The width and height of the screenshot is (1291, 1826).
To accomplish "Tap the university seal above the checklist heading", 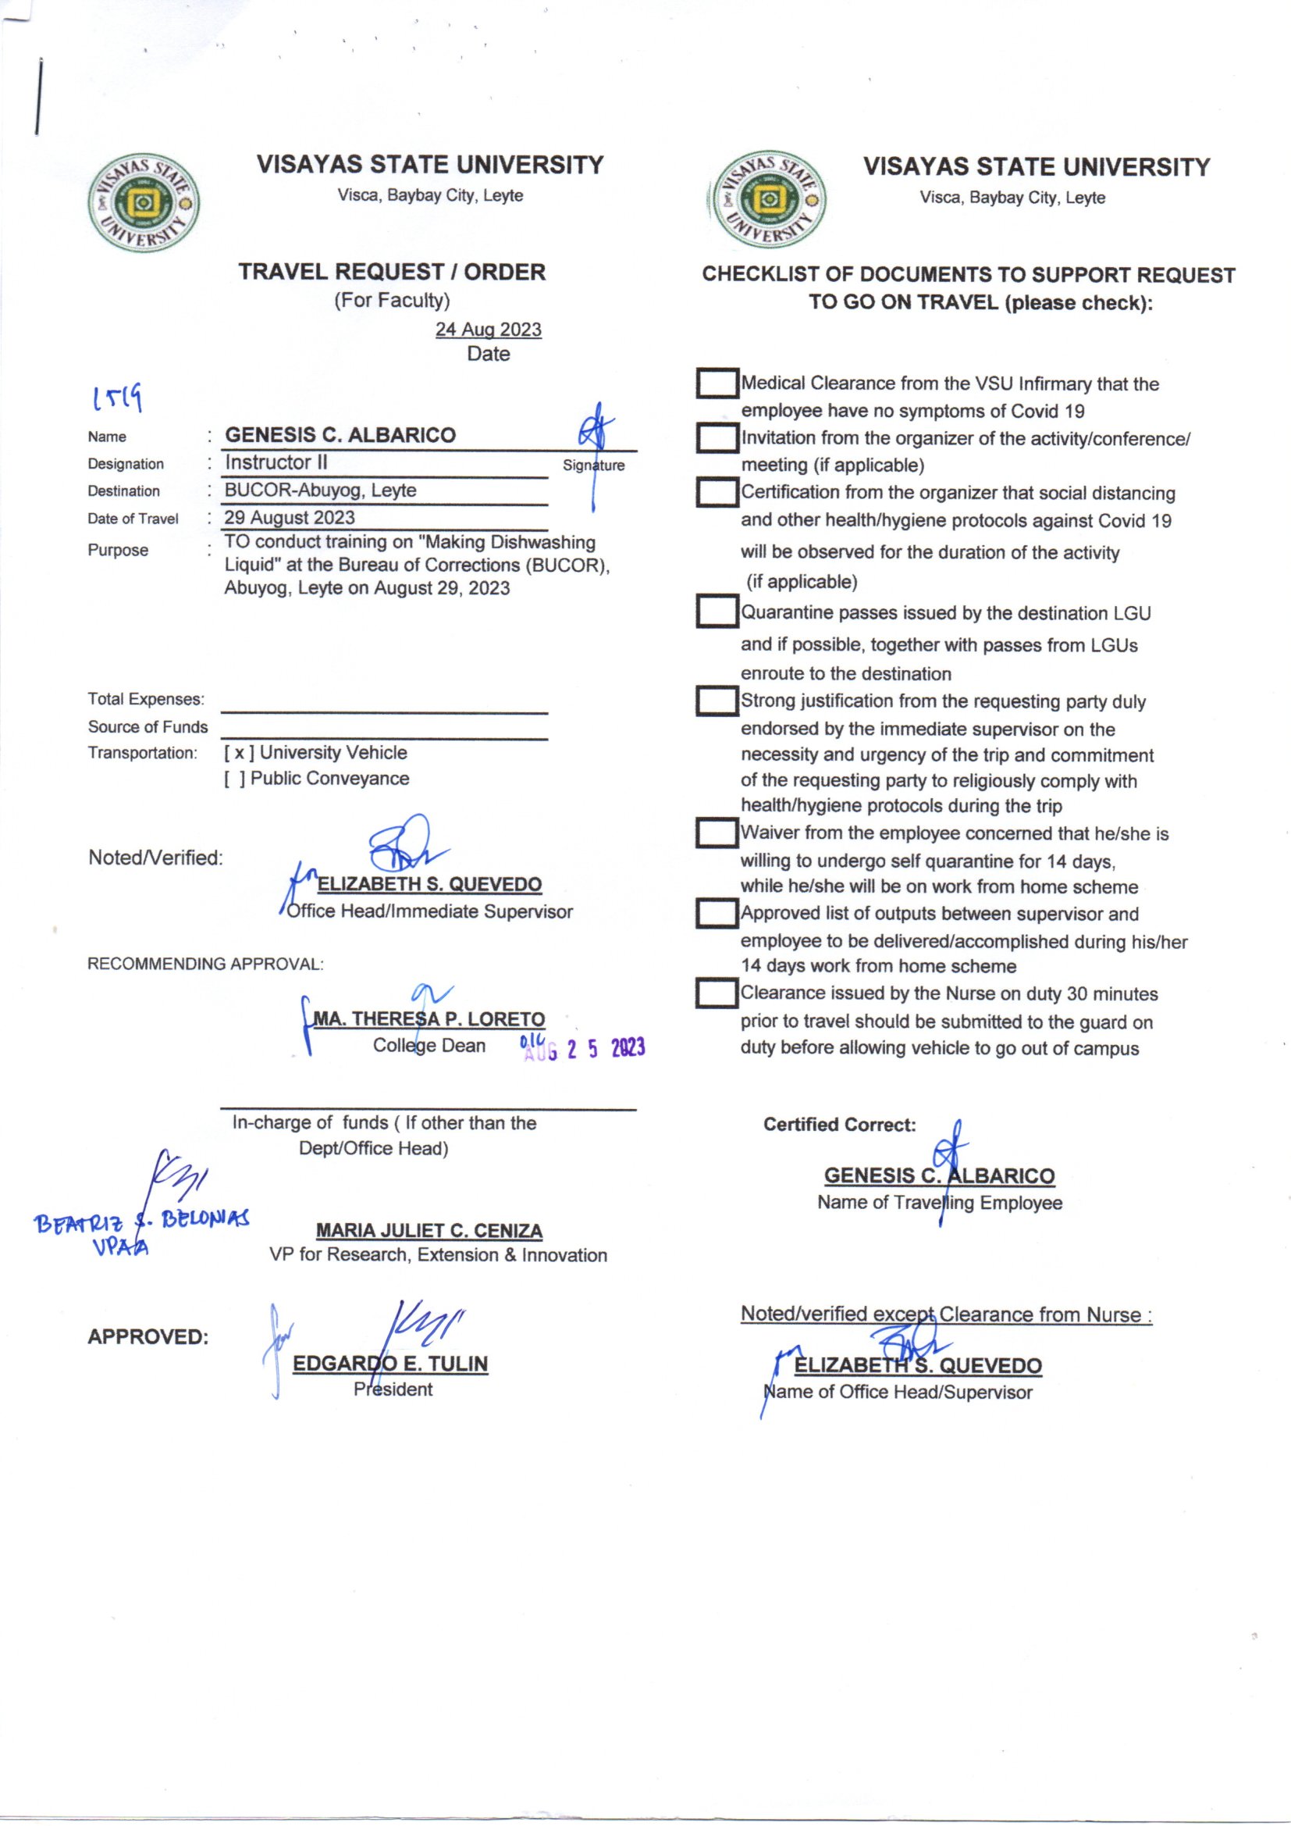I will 766,200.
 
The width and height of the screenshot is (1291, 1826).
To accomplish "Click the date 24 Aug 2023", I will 488,330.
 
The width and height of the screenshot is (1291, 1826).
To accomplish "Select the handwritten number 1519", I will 118,398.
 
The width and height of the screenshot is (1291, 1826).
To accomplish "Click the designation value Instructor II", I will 276,463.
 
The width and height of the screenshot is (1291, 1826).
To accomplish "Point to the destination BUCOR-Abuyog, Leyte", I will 320,490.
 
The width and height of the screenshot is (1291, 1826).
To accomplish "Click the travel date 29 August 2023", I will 290,518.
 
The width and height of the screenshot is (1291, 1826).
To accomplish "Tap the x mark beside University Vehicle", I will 239,753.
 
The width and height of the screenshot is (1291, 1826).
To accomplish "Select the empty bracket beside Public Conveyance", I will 234,779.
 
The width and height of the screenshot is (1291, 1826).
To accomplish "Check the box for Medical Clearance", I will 717,383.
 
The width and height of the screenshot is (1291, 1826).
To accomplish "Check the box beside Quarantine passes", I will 717,612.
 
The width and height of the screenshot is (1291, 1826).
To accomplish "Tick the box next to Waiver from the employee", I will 717,833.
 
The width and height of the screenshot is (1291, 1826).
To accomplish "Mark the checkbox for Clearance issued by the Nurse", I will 717,993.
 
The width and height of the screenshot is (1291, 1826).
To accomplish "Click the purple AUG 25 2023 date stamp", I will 585,1049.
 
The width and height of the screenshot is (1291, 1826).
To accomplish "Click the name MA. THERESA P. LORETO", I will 429,1019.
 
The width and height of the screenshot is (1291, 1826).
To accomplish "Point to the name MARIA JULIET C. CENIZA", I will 429,1231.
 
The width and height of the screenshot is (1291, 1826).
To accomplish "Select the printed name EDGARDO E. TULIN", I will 390,1364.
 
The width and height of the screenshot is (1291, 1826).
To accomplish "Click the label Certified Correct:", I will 840,1125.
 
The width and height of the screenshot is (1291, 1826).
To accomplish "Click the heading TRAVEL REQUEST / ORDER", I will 392,272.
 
